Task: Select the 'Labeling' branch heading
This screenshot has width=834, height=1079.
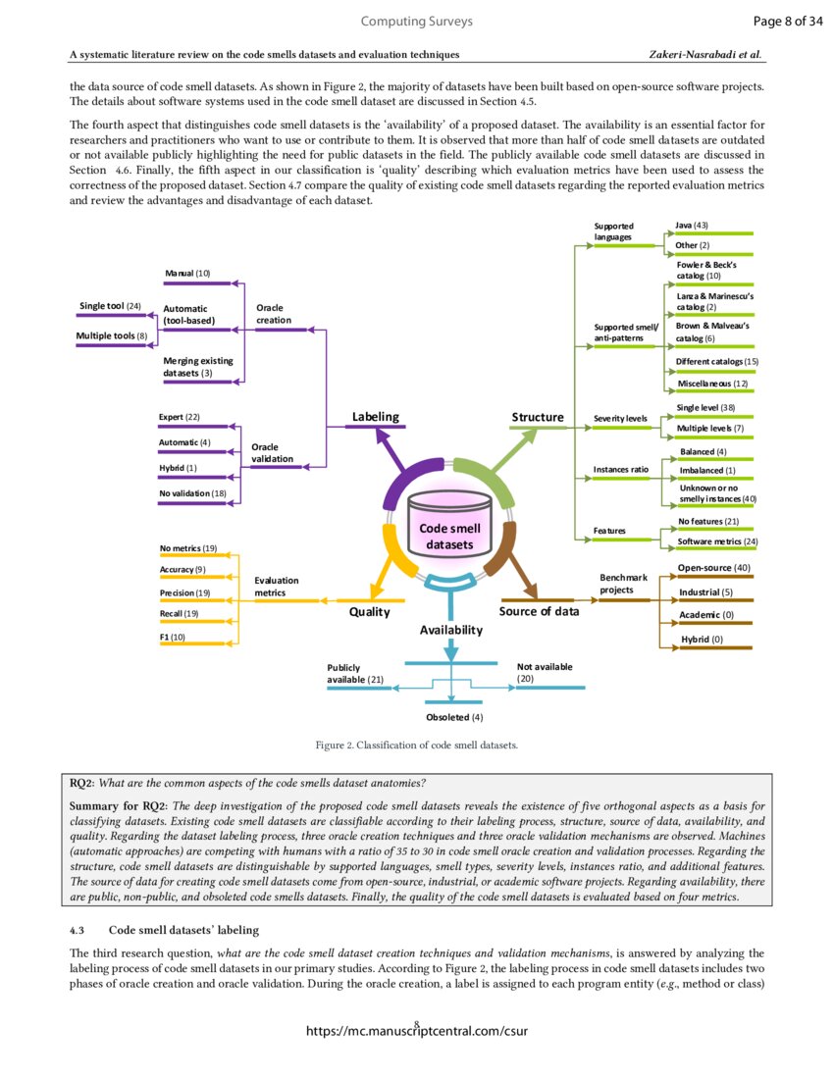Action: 376,417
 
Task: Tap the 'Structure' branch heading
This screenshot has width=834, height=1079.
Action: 538,417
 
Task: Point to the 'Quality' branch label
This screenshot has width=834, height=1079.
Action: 370,611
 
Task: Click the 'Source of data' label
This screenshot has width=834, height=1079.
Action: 539,611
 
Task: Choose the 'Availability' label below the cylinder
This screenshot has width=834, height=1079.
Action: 451,630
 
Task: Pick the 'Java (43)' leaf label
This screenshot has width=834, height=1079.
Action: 693,226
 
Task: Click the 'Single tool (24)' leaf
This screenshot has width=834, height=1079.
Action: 110,306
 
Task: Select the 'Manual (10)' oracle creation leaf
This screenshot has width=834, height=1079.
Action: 186,273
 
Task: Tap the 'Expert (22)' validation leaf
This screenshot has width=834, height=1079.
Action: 180,418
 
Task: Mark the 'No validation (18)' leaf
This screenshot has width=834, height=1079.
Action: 192,492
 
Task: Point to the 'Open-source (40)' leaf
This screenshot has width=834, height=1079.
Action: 714,568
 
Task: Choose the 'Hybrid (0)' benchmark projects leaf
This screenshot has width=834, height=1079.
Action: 702,640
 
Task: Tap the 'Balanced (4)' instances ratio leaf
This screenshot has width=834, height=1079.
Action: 704,451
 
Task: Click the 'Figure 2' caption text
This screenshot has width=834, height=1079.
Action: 416,745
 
